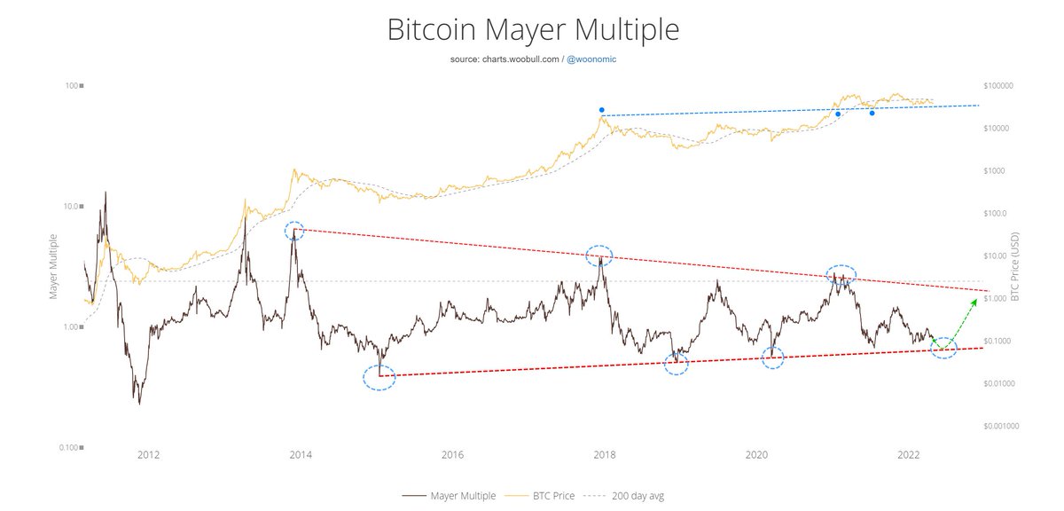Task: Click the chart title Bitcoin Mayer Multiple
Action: coord(532,29)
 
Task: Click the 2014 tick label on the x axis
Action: coord(301,455)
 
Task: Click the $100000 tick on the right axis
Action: coord(1003,86)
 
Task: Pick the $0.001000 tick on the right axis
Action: coord(1006,426)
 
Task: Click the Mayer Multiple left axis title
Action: coord(53,266)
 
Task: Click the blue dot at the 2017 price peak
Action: coord(601,110)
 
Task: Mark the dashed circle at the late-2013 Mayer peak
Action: coord(295,231)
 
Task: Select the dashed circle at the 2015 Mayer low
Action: coord(379,378)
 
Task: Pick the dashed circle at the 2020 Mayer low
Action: coord(774,358)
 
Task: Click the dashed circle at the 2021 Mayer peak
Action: coord(841,274)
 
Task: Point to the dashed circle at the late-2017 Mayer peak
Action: coord(600,255)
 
